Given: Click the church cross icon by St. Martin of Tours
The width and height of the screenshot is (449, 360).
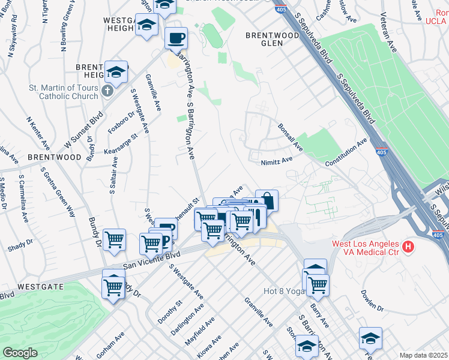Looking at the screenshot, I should [x=107, y=91].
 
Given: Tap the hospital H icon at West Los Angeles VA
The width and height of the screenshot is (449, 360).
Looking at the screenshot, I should [x=408, y=247].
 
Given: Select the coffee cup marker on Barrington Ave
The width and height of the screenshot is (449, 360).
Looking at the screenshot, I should [x=176, y=39].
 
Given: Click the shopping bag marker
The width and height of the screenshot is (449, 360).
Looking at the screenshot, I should [x=267, y=200].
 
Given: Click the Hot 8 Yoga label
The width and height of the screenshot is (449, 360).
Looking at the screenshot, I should [x=285, y=292].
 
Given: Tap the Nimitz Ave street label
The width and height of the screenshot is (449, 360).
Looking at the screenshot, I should [x=276, y=160].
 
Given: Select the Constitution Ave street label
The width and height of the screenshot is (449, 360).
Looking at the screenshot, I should [x=346, y=154].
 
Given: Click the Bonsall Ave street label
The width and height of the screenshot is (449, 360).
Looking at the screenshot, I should [x=289, y=137].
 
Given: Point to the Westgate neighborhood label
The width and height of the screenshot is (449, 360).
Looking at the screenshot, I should [x=40, y=287].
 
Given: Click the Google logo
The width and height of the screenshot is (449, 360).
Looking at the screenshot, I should [x=20, y=353].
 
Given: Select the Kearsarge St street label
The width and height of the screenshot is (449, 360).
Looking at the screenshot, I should [x=121, y=143].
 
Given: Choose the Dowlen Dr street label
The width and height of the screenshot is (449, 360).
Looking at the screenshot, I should [x=372, y=301].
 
